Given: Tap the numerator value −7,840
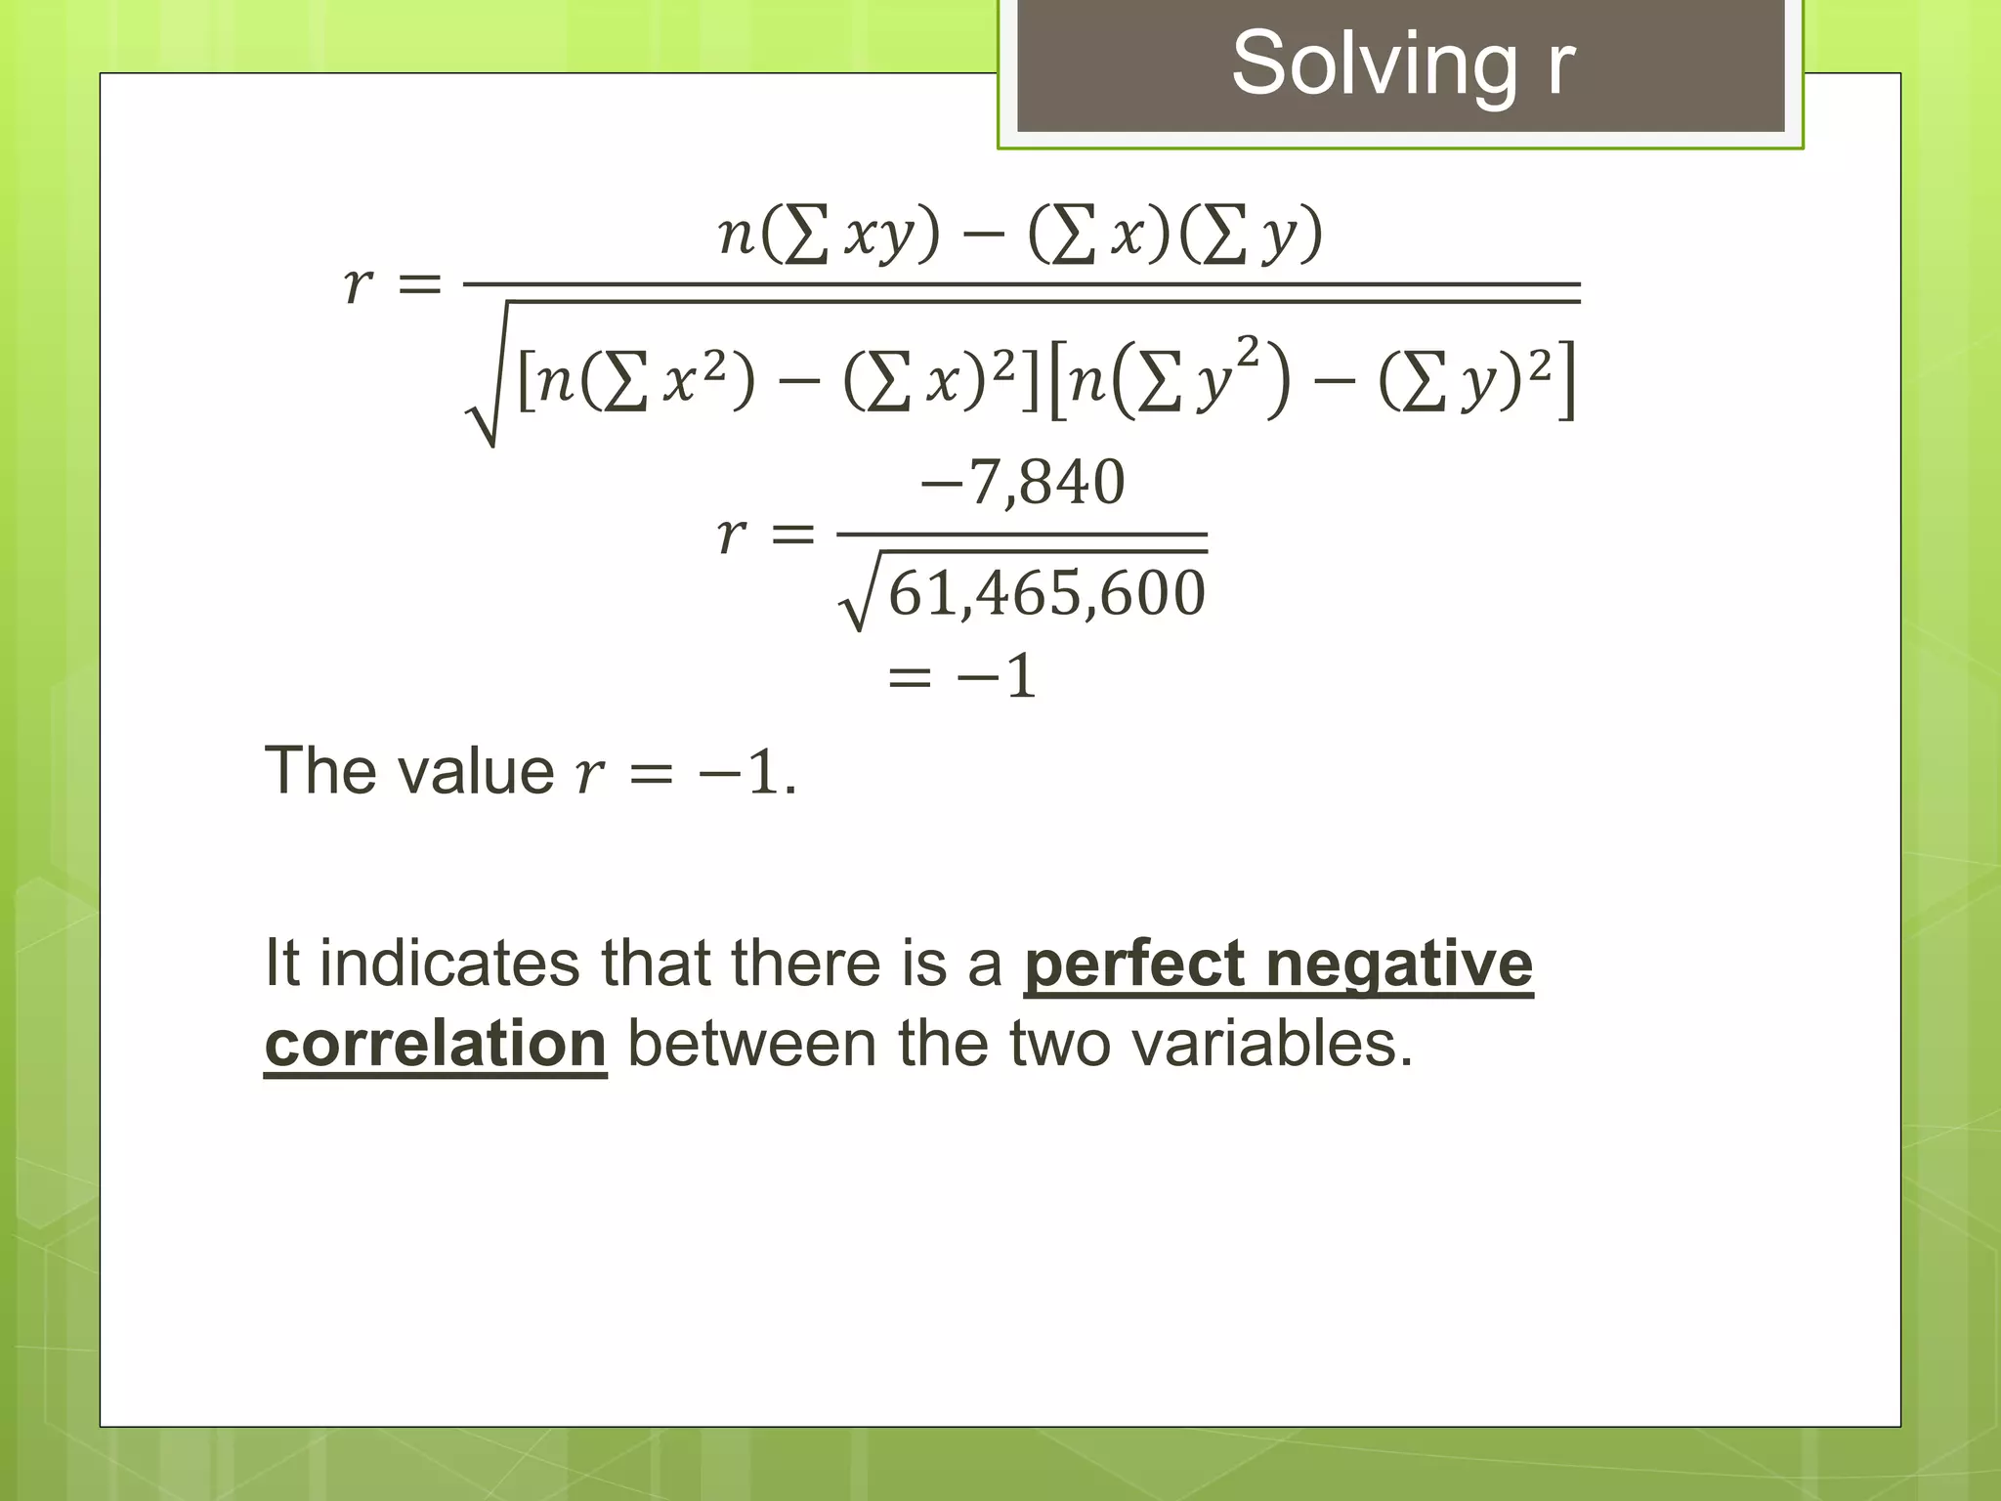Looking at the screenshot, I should pyautogui.click(x=1023, y=482).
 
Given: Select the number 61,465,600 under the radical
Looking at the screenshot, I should pyautogui.click(x=1046, y=593).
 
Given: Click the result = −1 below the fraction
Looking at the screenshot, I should pyautogui.click(x=961, y=676).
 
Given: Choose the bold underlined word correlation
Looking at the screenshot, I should pyautogui.click(x=436, y=1044).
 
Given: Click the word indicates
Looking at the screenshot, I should pyautogui.click(x=450, y=964).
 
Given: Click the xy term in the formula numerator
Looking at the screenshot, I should pyautogui.click(x=879, y=235).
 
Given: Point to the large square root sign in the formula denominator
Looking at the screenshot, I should pyautogui.click(x=487, y=391).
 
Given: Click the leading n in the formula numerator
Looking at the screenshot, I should pyautogui.click(x=736, y=235).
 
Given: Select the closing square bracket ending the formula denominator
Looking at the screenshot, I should pyautogui.click(x=1566, y=379).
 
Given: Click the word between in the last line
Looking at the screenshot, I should pyautogui.click(x=751, y=1044).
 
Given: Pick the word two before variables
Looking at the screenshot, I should pyautogui.click(x=1060, y=1044).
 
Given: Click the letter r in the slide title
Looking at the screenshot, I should pyautogui.click(x=1559, y=64).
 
